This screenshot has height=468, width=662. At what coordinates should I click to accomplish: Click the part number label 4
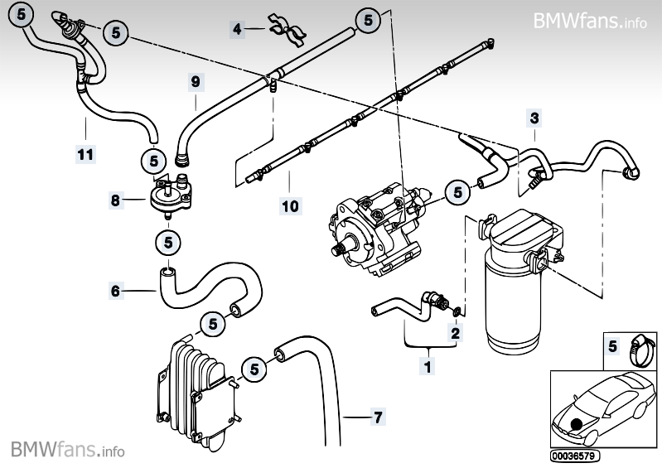click(x=238, y=30)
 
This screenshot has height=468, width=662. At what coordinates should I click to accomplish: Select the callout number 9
click(x=196, y=82)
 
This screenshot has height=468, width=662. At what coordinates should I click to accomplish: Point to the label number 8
click(x=116, y=200)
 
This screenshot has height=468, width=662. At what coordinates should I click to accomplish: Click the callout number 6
click(x=116, y=290)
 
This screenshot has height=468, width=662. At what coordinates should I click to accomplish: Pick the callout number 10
click(x=290, y=204)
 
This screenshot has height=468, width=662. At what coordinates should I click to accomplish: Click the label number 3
click(x=534, y=119)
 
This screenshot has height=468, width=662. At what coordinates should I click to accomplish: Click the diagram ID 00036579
click(x=575, y=456)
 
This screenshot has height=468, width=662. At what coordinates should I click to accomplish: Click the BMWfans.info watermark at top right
click(x=590, y=20)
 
